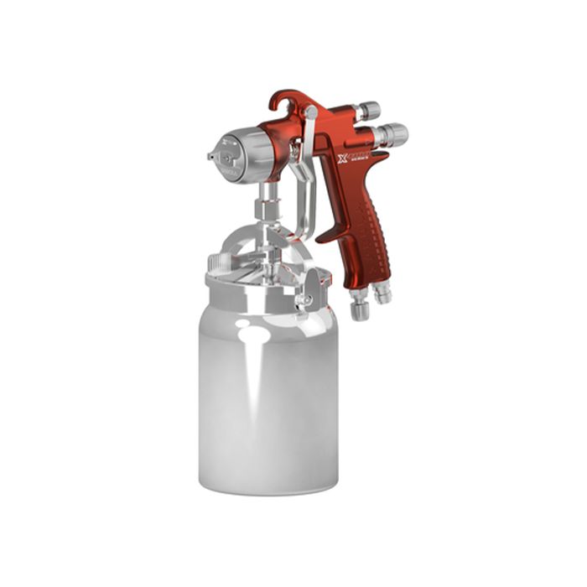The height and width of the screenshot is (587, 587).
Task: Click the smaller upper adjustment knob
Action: click(x=366, y=111)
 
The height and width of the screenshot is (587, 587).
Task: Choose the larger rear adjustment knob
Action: click(x=391, y=134)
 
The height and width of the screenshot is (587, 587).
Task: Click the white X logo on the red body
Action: click(x=342, y=158)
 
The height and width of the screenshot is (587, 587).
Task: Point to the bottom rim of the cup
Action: click(x=268, y=489)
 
